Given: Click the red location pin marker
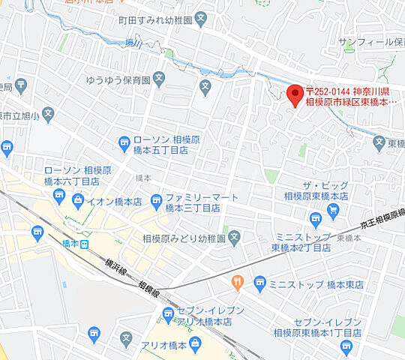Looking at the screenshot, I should click(295, 94).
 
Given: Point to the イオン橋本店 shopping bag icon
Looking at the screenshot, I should click(78, 200).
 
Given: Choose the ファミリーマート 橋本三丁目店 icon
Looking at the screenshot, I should click(156, 199).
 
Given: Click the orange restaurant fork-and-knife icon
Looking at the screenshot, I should click(238, 283).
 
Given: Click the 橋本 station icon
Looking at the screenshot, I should click(85, 244).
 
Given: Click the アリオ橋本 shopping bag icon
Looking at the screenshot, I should click(194, 344).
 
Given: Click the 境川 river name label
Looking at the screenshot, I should click(133, 41).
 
